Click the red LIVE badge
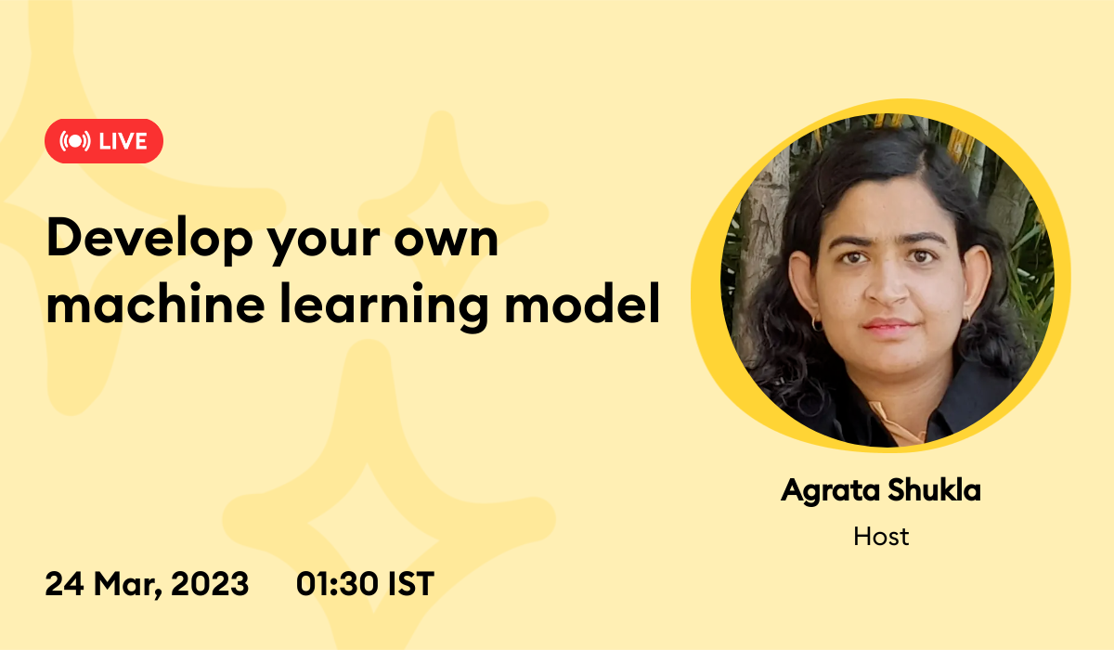(104, 141)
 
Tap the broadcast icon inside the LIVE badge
(74, 141)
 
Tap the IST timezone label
(409, 584)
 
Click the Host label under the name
(881, 536)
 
